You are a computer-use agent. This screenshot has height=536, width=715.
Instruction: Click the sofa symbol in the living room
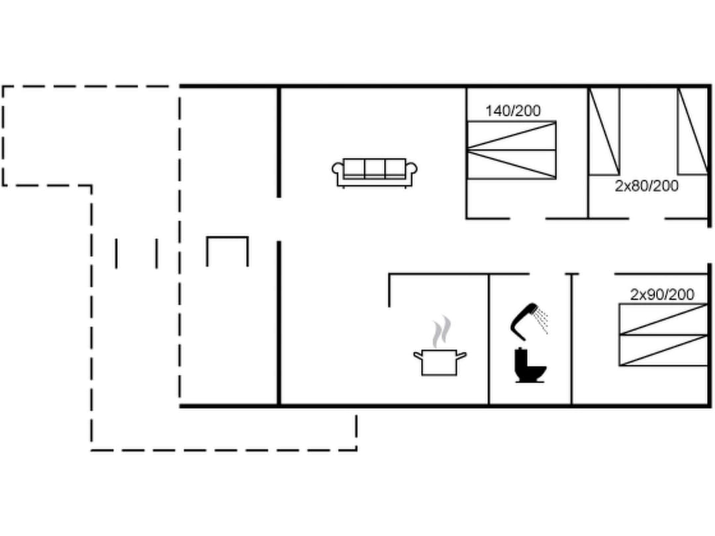[374, 172]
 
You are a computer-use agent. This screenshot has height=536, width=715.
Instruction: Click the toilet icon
[530, 366]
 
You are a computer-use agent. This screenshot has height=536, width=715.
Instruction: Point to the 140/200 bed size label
[512, 111]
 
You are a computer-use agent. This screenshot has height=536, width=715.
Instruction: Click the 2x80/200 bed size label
[646, 186]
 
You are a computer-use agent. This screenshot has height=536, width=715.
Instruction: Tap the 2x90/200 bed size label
[662, 294]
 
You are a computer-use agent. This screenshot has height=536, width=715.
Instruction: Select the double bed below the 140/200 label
[511, 150]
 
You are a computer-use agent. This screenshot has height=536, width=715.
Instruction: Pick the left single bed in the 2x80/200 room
[604, 131]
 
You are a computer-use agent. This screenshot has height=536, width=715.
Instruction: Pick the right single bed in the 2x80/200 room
[692, 131]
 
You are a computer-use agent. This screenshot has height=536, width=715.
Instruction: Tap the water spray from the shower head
[542, 320]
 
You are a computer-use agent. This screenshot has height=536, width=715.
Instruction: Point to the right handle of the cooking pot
[461, 355]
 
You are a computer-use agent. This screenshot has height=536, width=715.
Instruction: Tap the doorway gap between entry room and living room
[279, 219]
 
